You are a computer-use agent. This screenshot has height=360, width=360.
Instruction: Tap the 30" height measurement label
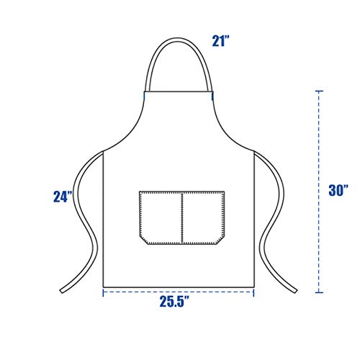338,191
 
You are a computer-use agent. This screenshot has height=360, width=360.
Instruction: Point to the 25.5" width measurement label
180,304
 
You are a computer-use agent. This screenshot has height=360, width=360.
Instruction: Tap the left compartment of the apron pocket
161,216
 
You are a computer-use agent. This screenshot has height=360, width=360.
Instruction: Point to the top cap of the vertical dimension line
318,92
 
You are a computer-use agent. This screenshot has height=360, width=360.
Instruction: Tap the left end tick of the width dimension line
103,292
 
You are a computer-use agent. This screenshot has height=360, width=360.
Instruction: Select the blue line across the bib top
180,92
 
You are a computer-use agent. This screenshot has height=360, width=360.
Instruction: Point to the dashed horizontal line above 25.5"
180,292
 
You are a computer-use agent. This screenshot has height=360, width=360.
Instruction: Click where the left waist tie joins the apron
104,152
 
